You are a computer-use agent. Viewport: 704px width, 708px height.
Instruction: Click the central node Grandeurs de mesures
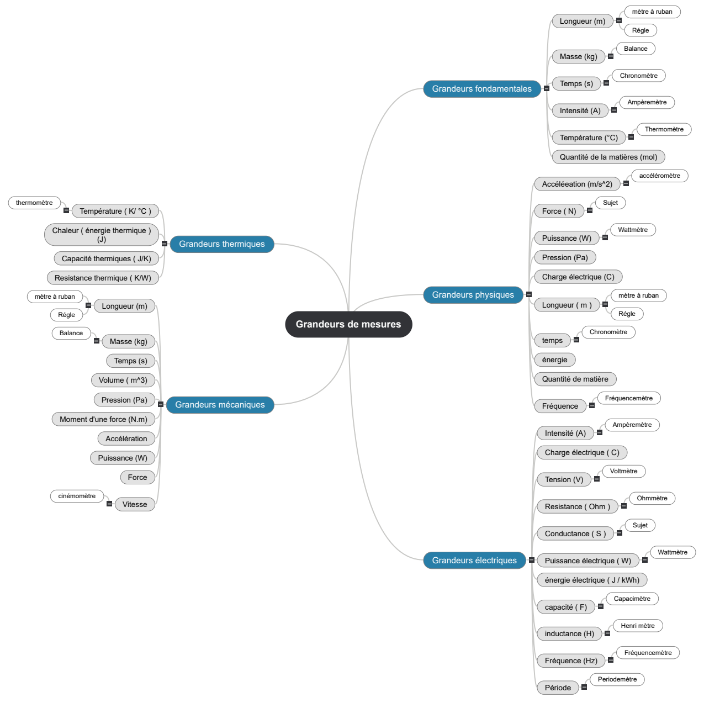pos(348,324)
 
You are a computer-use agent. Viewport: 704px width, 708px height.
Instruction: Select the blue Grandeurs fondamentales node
pos(481,88)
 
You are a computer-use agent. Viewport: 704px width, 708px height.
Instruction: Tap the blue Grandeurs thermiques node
pos(222,244)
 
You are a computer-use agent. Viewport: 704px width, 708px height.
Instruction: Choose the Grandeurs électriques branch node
pos(474,561)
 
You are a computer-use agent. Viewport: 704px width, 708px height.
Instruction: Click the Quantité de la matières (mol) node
pos(608,157)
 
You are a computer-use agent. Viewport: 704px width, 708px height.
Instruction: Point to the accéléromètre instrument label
pos(659,176)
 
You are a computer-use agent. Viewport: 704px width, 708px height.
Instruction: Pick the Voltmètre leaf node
pos(623,471)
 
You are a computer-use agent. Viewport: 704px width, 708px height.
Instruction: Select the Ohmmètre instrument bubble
pos(652,498)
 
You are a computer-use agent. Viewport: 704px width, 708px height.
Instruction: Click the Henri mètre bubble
pos(638,626)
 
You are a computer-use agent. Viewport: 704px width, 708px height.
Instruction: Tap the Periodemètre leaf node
pos(617,679)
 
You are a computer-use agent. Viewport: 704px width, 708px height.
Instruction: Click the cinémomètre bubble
pos(77,496)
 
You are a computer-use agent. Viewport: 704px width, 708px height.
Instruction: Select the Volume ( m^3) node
pos(123,381)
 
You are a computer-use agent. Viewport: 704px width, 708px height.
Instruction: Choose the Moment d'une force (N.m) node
pos(103,419)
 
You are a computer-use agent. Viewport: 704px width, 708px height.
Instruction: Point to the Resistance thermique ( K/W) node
pos(103,278)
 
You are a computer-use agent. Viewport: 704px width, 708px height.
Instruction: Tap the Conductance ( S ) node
pos(575,533)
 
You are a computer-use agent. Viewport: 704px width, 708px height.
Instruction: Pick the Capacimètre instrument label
pos(632,599)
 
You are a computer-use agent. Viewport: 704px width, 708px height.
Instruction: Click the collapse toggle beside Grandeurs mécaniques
pos(161,404)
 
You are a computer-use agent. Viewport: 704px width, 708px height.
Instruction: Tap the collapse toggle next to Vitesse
pos(109,504)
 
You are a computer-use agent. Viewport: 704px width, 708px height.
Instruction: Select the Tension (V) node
pos(564,479)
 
